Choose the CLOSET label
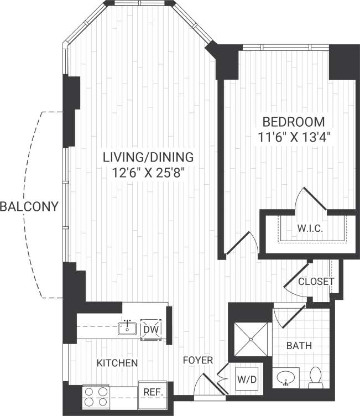pyautogui.click(x=316, y=281)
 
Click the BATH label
pyautogui.click(x=299, y=346)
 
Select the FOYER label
pyautogui.click(x=198, y=361)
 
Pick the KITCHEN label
pyautogui.click(x=117, y=363)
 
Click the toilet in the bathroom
pyautogui.click(x=316, y=377)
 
